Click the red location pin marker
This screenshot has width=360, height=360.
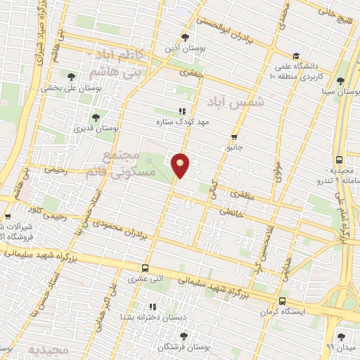[181, 165]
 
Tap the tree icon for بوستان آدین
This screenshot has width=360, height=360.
[185, 37]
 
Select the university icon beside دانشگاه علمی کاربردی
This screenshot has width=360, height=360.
[296, 55]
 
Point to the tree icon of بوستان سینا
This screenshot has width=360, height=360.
[341, 80]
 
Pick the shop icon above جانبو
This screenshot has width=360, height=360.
[234, 136]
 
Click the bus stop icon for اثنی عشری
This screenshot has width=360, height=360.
[146, 267]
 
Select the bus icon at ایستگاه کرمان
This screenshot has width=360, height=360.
[283, 300]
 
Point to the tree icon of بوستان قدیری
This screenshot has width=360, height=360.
[96, 117]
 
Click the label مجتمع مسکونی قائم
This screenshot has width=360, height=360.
[117, 163]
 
